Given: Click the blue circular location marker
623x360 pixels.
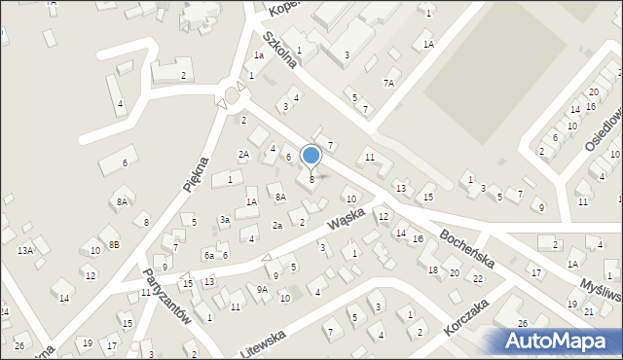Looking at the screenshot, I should point(311,155).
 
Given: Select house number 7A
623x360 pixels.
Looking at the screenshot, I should point(388,84).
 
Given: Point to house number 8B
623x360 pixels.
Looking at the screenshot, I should point(114,244).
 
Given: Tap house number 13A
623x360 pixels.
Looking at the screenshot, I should point(24,250).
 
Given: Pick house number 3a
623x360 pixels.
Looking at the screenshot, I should point(224,220).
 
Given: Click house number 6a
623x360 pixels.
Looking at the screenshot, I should point(208,255).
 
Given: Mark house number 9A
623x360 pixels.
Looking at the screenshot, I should point(262,289).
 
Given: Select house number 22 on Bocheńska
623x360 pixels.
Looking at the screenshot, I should point(477,279).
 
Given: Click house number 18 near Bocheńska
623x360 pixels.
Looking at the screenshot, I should point(433,270).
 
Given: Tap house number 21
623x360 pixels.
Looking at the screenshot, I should point(589,311).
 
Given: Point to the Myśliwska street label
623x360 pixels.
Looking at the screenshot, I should point(599,280).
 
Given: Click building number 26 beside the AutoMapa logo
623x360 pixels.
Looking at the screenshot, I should point(523,323).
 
